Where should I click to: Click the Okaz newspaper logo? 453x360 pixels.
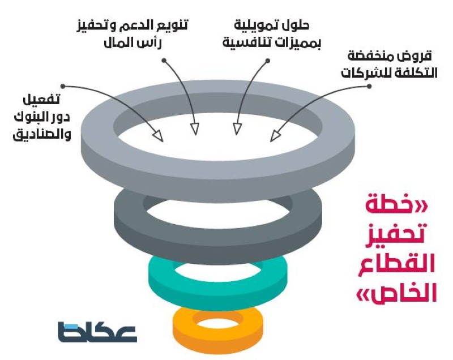pos(97,332)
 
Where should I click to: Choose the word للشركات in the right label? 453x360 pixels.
pos(362,73)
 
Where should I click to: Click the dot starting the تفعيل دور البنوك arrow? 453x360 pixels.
pos(63,87)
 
